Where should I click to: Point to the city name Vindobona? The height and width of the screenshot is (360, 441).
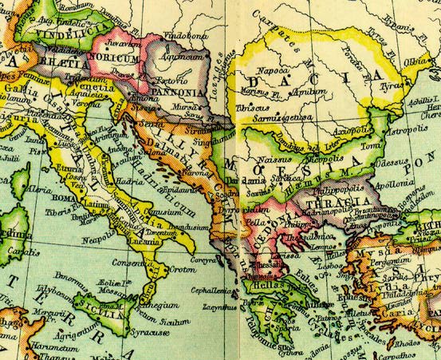tap(183, 36)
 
